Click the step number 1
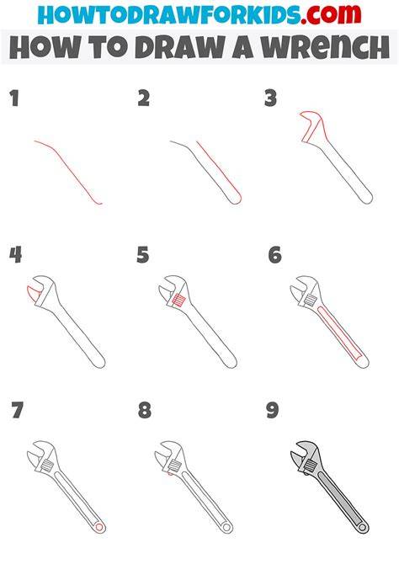coord(14,98)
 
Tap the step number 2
coord(144,98)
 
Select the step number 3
coord(270,98)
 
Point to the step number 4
coord(15,255)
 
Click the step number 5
coord(143,255)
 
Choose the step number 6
coord(275,255)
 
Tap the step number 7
coord(18,410)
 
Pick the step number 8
coord(144,410)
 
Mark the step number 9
coord(273,410)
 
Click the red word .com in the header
coord(332,14)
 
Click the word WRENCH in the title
coord(325,47)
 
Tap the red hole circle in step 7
coord(99,527)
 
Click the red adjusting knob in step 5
coord(178,300)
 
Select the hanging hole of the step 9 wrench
coord(362,528)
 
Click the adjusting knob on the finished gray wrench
coord(310,466)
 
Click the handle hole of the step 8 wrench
coord(226,527)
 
